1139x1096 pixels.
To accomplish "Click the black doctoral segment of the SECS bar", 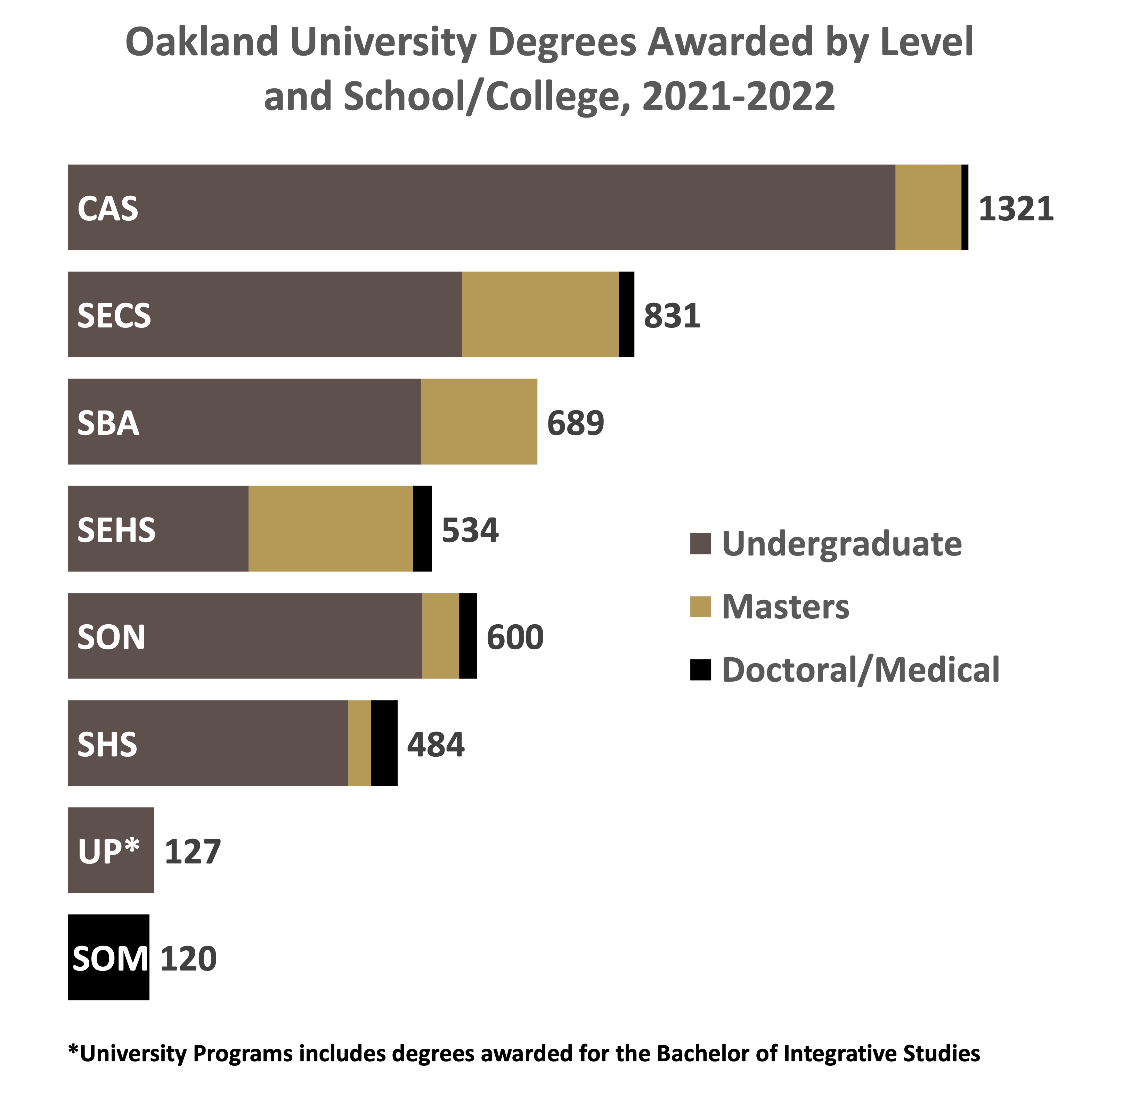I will pyautogui.click(x=626, y=314).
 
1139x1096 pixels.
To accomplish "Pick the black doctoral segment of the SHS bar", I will pyautogui.click(x=384, y=743).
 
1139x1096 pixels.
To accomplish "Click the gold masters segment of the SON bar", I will pyautogui.click(x=440, y=636).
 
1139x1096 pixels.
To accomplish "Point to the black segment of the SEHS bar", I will pyautogui.click(x=422, y=529).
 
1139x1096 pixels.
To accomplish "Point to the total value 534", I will pyautogui.click(x=470, y=530).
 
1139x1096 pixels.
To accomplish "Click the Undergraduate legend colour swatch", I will pyautogui.click(x=700, y=544).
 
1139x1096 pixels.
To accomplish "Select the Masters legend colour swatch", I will pyautogui.click(x=700, y=607).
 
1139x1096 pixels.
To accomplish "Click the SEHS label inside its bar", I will pyautogui.click(x=117, y=530).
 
